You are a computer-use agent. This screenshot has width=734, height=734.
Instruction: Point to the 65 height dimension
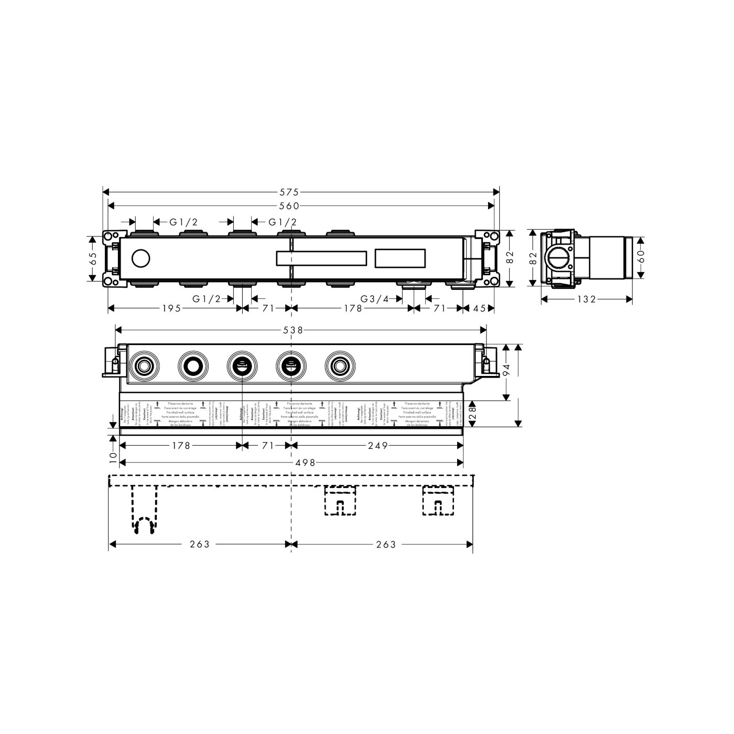pyautogui.click(x=93, y=258)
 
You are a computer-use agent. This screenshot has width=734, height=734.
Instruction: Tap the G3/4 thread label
pyautogui.click(x=374, y=299)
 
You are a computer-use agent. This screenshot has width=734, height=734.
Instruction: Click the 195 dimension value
pyautogui.click(x=171, y=308)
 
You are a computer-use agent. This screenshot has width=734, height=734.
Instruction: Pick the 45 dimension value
pyautogui.click(x=479, y=308)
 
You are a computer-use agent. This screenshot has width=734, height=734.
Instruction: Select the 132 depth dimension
pyautogui.click(x=586, y=299)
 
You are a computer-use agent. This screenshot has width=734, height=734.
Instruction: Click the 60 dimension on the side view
pyautogui.click(x=641, y=256)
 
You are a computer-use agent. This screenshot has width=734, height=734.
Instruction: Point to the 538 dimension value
pyautogui.click(x=293, y=330)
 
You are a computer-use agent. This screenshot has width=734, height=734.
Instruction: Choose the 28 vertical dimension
pyautogui.click(x=472, y=414)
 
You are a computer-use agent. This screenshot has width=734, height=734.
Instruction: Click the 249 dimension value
pyautogui.click(x=377, y=446)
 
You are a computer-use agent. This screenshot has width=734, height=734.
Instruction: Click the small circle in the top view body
pyautogui.click(x=141, y=259)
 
